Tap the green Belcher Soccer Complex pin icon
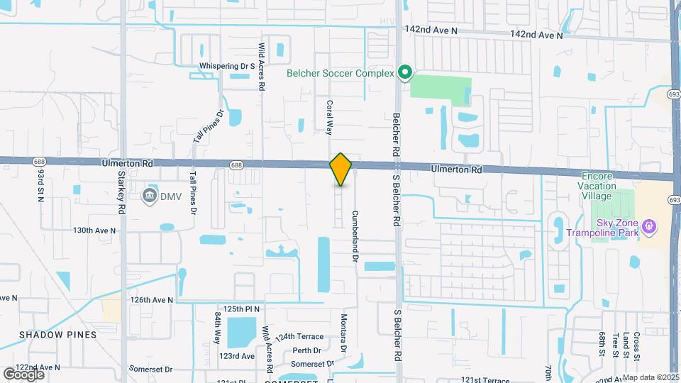[404, 72]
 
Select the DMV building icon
[149, 195]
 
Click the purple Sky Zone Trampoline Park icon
[648, 227]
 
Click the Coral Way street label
[329, 117]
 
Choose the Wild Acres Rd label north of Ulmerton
[262, 65]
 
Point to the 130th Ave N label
[94, 231]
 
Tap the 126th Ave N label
[151, 300]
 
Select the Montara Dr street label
[343, 333]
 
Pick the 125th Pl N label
[242, 310]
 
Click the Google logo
[23, 374]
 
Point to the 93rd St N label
[40, 185]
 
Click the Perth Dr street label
[306, 350]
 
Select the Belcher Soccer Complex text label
[340, 72]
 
